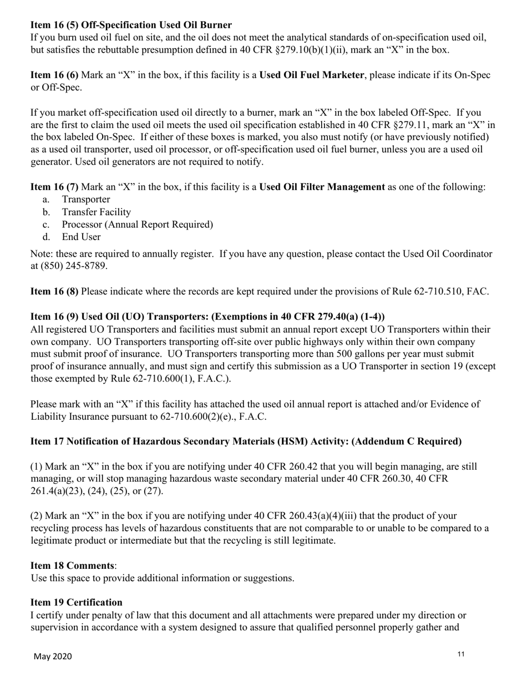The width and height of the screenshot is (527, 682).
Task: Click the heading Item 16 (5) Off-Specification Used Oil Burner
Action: click(x=131, y=25)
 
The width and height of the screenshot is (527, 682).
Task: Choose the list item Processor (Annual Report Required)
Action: click(x=137, y=225)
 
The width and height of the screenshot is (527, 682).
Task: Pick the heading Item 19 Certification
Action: click(x=76, y=602)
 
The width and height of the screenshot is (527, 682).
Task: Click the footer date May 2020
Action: click(x=53, y=656)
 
